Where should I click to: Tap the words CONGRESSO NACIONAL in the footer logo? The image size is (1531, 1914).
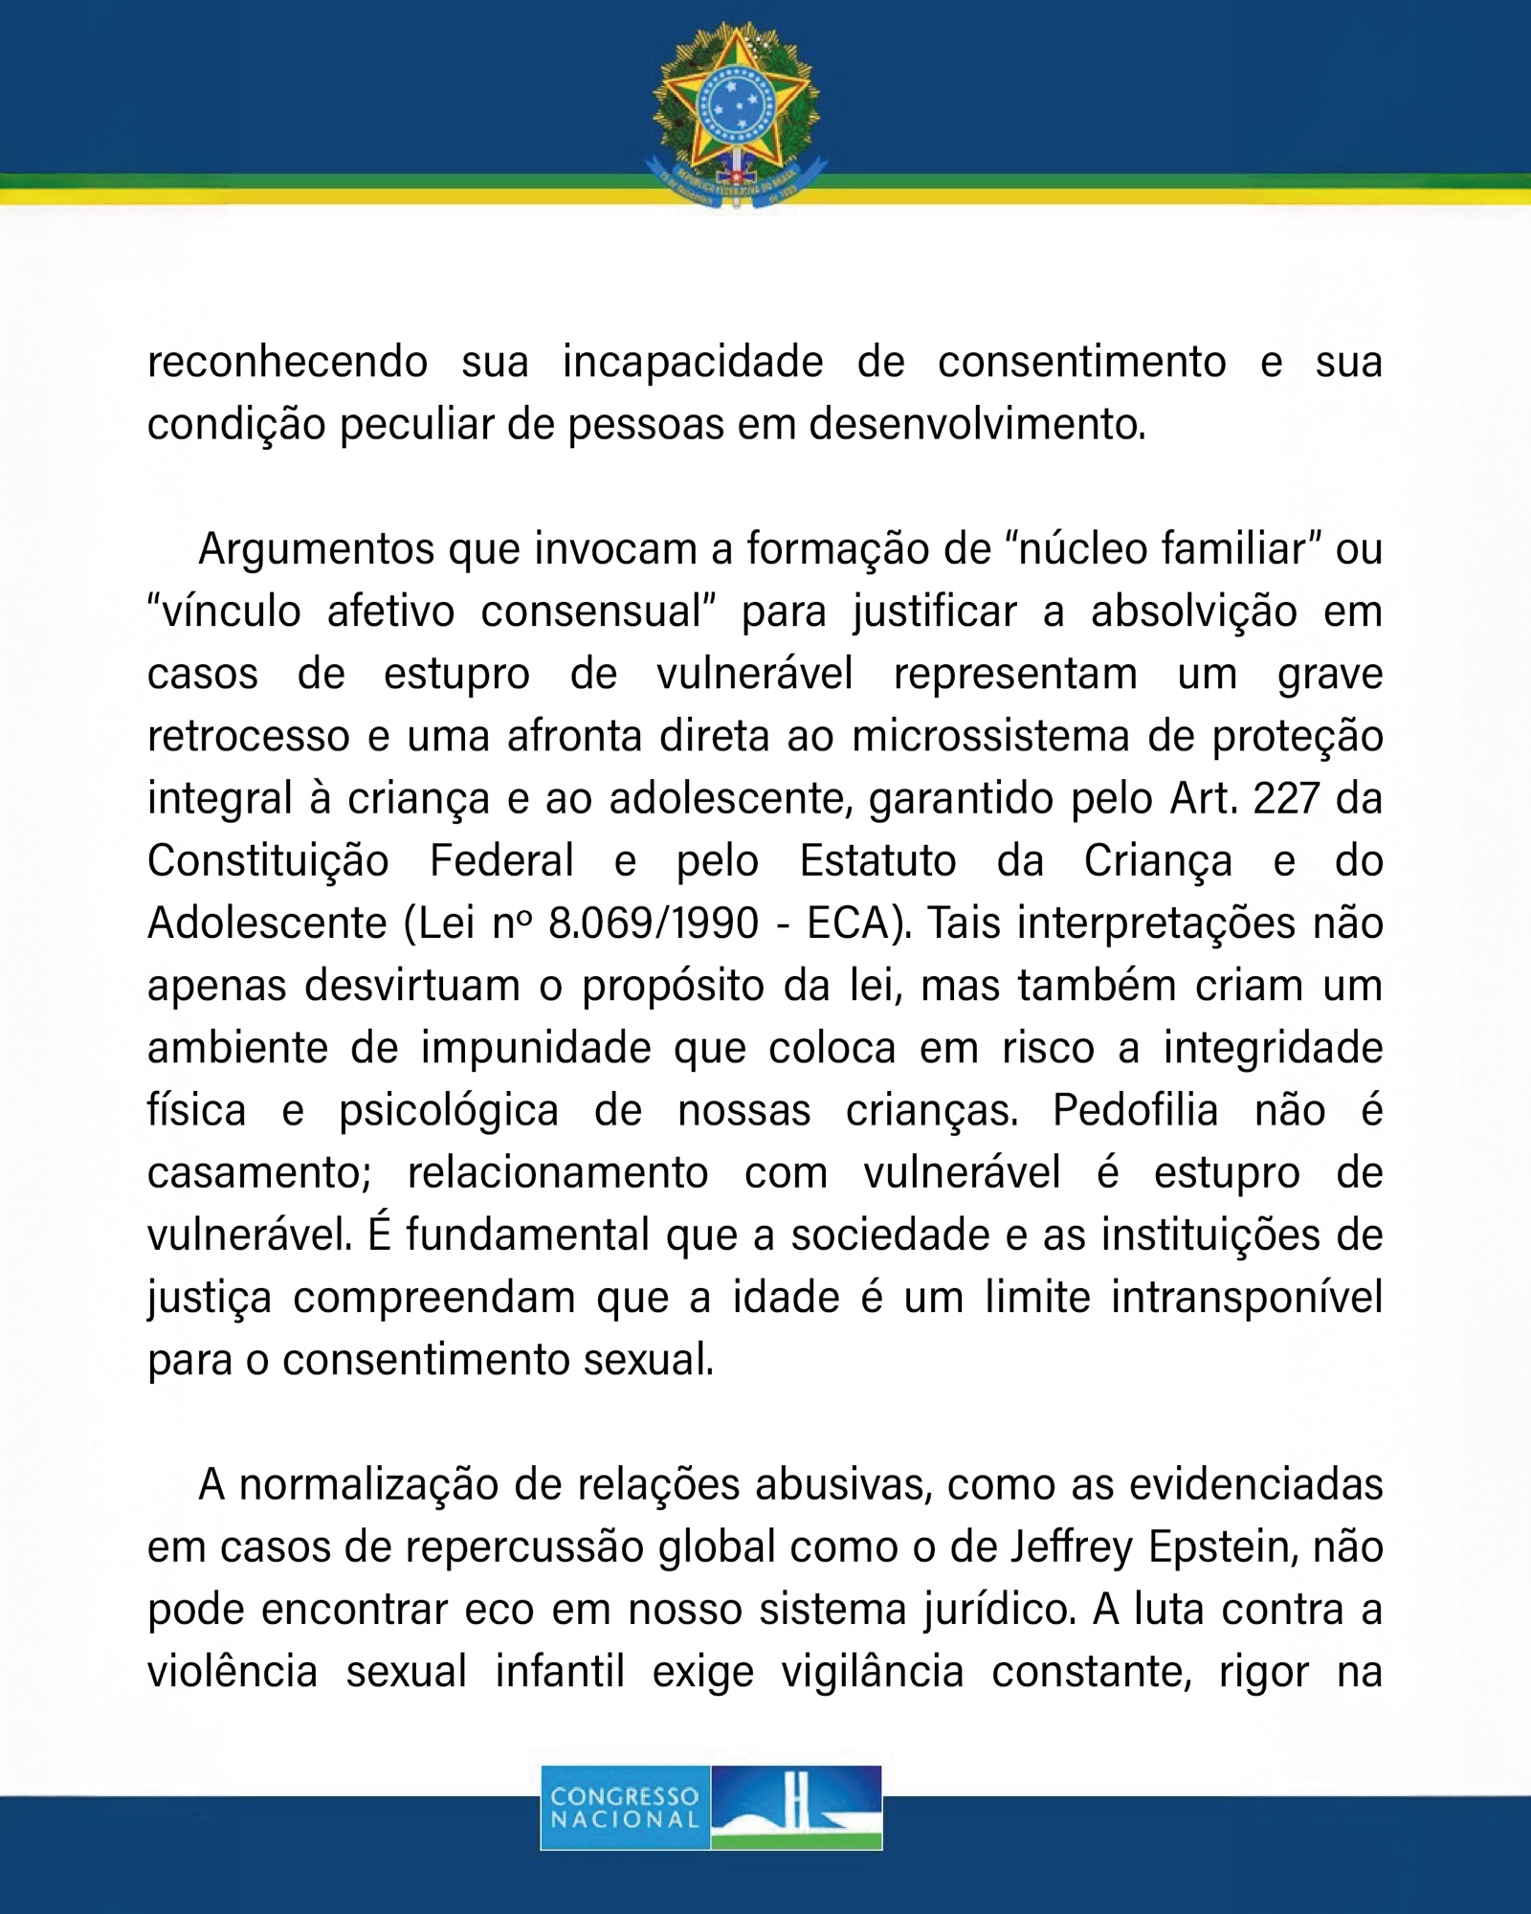tap(625, 1808)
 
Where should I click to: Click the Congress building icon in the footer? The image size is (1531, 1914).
tap(796, 1807)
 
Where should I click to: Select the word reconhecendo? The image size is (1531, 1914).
tap(287, 363)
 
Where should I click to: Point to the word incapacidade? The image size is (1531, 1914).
tap(693, 363)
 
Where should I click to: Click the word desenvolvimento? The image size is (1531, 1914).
tap(976, 425)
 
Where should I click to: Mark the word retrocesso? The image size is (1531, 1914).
tap(248, 737)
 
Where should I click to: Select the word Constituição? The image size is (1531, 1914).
tap(268, 861)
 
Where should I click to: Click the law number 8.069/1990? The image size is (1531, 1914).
tap(654, 924)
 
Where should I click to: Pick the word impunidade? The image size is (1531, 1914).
tap(536, 1049)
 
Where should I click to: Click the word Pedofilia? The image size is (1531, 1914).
tap(1135, 1111)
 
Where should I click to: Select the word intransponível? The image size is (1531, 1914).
tap(1247, 1299)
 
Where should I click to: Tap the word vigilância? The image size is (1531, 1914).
tap(873, 1673)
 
